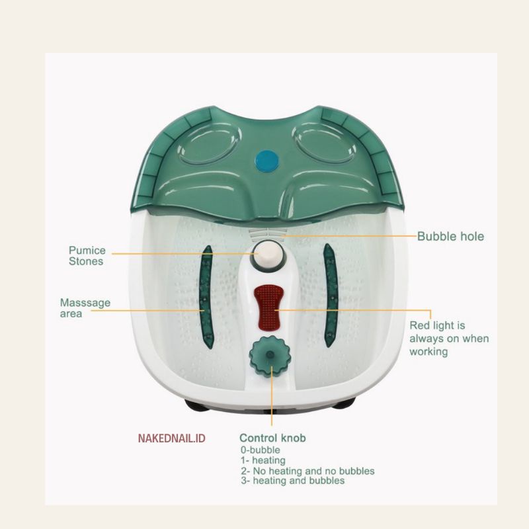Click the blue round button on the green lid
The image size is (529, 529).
(267, 161)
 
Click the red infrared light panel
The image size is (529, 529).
(268, 307)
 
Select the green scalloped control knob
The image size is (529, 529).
(270, 356)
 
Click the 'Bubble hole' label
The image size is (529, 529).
(450, 236)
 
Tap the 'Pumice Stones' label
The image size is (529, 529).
(87, 256)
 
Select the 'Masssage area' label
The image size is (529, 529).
(85, 307)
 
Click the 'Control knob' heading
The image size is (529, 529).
(272, 438)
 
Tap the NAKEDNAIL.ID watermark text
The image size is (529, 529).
(172, 438)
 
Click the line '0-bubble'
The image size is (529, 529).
(261, 450)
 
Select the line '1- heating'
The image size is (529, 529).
(263, 460)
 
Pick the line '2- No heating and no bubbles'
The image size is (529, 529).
(307, 471)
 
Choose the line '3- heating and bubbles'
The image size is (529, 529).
(293, 481)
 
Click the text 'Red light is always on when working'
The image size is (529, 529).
(449, 339)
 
